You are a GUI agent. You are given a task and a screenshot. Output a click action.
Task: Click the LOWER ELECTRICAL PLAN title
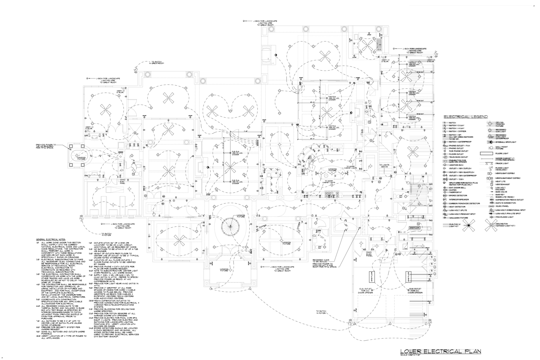pos(440,351)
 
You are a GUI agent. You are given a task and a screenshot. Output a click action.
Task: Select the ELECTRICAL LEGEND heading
pos(465,117)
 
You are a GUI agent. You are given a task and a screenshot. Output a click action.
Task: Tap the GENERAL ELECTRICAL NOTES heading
pos(50,239)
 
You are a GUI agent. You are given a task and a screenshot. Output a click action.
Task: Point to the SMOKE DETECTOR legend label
pos(457,196)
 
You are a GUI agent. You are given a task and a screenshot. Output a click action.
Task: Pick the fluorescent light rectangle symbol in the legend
pos(487,153)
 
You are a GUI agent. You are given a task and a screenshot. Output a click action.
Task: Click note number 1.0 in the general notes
pos(38,242)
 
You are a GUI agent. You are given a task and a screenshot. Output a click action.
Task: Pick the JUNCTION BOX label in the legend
pos(456,165)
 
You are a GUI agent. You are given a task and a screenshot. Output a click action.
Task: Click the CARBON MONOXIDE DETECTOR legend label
pos(464,203)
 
